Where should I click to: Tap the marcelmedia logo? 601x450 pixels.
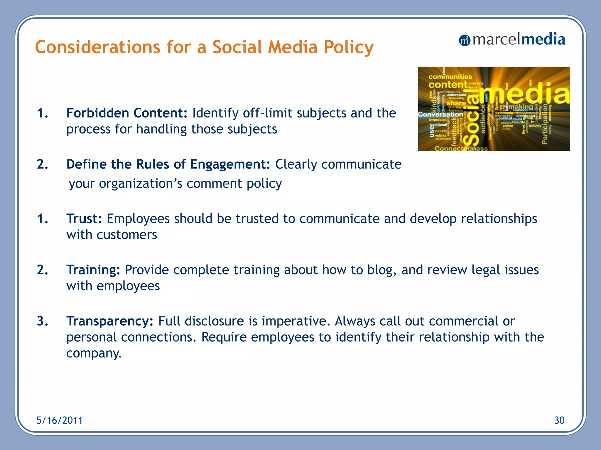pos(512,40)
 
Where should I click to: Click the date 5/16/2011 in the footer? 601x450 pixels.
pos(59,420)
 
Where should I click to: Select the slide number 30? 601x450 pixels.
pos(559,420)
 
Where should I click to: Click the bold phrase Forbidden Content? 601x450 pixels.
pos(127,113)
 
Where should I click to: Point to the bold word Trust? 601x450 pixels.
pos(84,219)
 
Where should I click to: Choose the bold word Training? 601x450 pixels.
pos(93,270)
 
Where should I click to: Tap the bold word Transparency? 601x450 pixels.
pos(110,321)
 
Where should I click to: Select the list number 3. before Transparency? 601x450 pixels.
pos(42,321)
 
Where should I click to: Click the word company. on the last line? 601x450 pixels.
pos(94,353)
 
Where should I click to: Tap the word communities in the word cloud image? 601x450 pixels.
pos(450,77)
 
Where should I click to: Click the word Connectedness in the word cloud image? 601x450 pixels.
pos(461,149)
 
